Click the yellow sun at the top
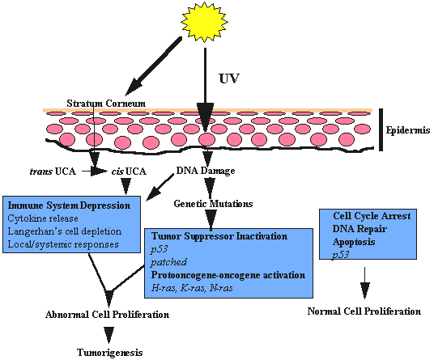204,22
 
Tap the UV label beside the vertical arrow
229,78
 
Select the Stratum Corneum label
106,104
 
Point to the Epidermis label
408,130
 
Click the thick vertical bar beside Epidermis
381,129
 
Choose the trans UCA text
53,172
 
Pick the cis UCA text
129,172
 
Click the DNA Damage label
206,171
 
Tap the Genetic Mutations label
213,204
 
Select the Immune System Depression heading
69,205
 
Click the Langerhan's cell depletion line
65,231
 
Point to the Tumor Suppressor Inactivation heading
219,236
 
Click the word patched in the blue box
169,262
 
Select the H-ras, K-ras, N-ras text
192,288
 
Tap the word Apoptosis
354,242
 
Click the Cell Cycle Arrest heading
372,216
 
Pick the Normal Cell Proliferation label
364,311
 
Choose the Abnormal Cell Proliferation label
108,315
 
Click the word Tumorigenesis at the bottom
110,353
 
